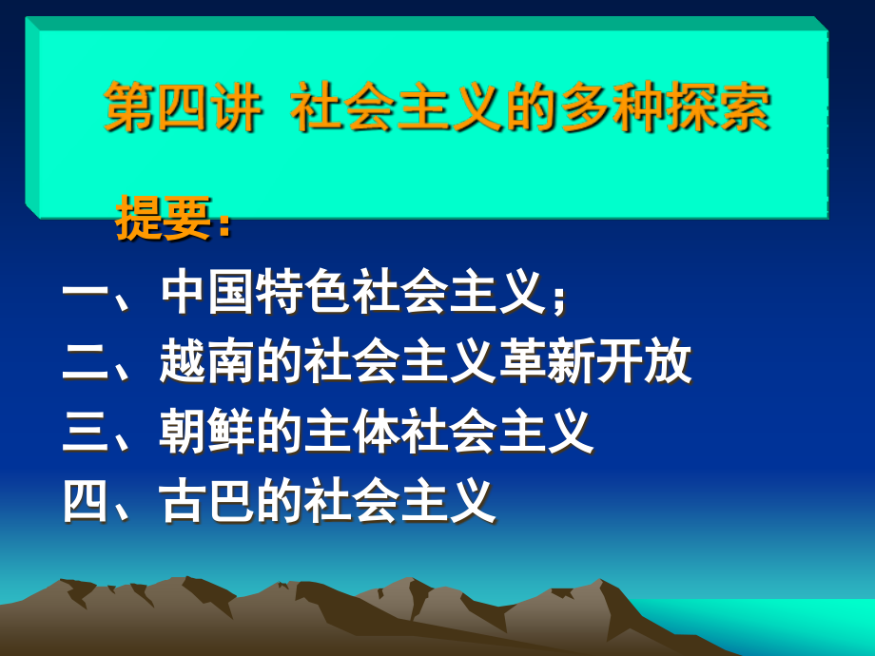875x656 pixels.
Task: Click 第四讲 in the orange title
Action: pos(183,106)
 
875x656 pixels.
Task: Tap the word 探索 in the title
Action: pos(718,106)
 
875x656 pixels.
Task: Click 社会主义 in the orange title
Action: pos(398,106)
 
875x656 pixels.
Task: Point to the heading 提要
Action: pos(164,218)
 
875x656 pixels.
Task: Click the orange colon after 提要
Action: pos(224,224)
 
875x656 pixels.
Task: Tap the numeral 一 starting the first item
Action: pos(86,292)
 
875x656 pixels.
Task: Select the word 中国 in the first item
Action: pos(207,291)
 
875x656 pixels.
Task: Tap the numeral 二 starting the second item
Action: pos(86,361)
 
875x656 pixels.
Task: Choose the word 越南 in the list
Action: pos(207,361)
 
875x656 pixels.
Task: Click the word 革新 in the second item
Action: pos(546,361)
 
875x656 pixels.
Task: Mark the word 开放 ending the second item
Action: pos(643,361)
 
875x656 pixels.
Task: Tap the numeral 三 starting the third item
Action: pos(86,431)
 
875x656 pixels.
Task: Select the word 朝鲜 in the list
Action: pos(207,431)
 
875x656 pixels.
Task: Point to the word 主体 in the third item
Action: pos(352,431)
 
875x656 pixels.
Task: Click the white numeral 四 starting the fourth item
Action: pos(86,500)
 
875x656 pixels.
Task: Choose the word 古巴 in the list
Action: pos(207,500)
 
